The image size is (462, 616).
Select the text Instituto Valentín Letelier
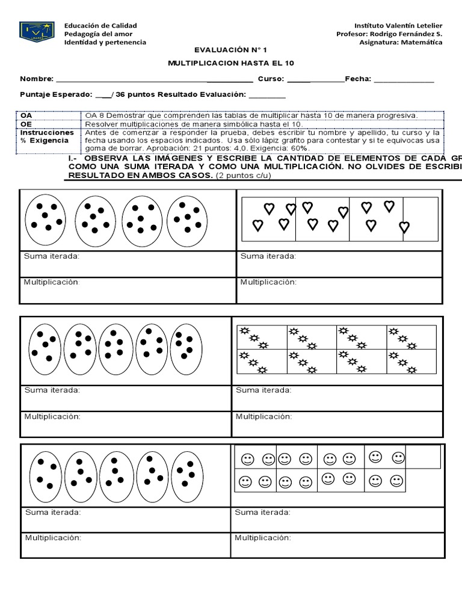click(x=398, y=26)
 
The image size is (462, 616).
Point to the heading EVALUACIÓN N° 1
click(x=231, y=52)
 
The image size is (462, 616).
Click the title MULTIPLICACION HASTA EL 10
click(x=231, y=64)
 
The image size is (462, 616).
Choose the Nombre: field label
click(x=37, y=79)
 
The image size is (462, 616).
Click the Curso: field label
click(x=271, y=79)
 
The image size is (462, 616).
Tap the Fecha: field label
click(x=359, y=79)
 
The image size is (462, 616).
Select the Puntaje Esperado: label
click(x=56, y=94)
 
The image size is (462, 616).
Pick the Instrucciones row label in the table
click(x=47, y=132)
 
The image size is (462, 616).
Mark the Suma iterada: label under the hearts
click(x=268, y=256)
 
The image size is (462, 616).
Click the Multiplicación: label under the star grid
click(x=263, y=416)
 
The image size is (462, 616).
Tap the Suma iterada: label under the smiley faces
click(x=263, y=513)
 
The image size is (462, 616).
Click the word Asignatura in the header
click(x=380, y=43)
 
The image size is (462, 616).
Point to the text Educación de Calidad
click(x=100, y=26)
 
